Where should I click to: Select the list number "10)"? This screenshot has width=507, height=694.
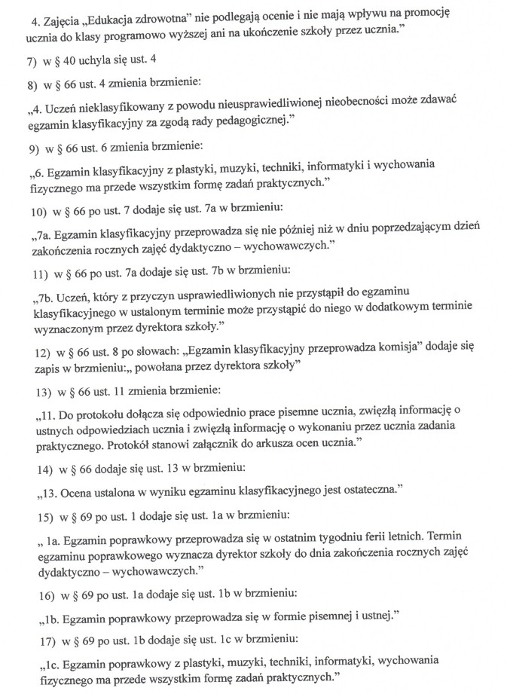tap(36, 206)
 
